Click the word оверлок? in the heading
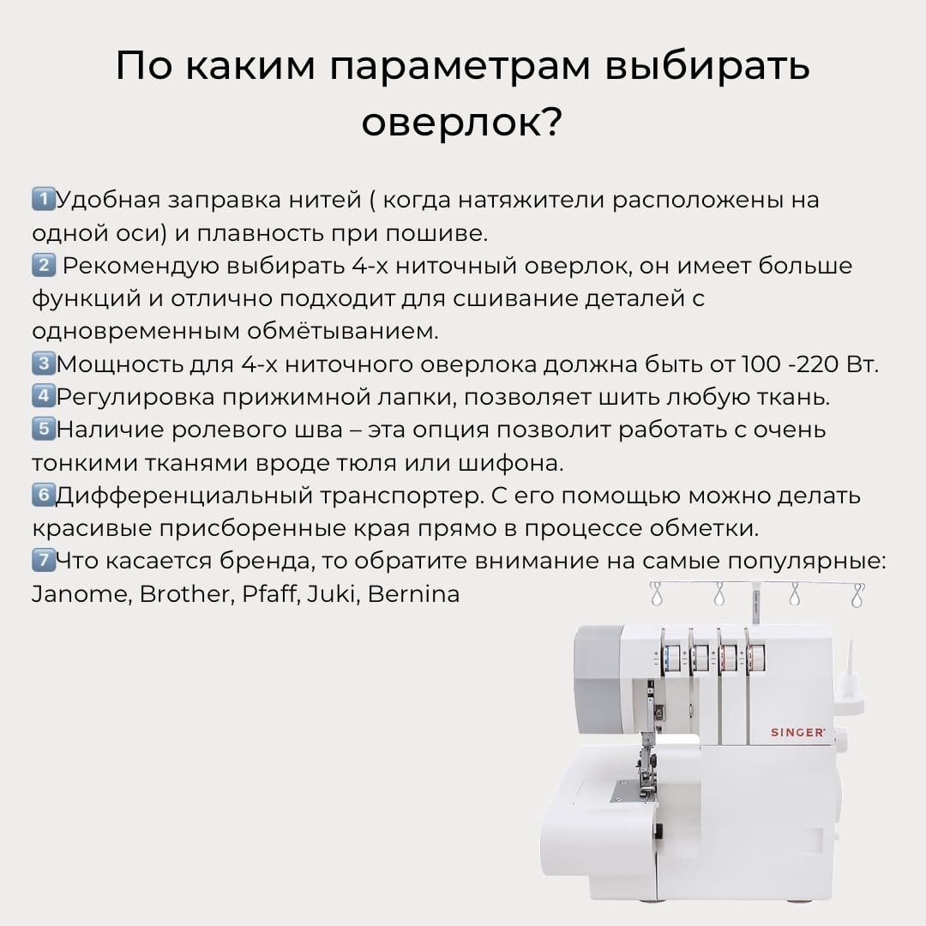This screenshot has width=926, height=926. (462, 123)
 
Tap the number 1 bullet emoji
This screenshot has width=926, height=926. (43, 199)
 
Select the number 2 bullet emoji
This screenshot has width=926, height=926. (43, 265)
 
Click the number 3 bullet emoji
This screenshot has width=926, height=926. (43, 364)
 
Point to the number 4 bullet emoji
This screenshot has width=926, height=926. (43, 395)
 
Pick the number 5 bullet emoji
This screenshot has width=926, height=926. (43, 429)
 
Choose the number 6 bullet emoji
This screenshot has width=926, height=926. (43, 495)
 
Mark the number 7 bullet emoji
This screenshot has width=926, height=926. (43, 560)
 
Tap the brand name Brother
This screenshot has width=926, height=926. (185, 594)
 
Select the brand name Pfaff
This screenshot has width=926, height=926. (268, 594)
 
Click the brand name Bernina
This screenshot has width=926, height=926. (413, 594)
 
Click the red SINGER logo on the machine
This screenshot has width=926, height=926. (797, 732)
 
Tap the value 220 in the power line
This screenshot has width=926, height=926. (818, 364)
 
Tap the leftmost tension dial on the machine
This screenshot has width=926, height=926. (671, 657)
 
